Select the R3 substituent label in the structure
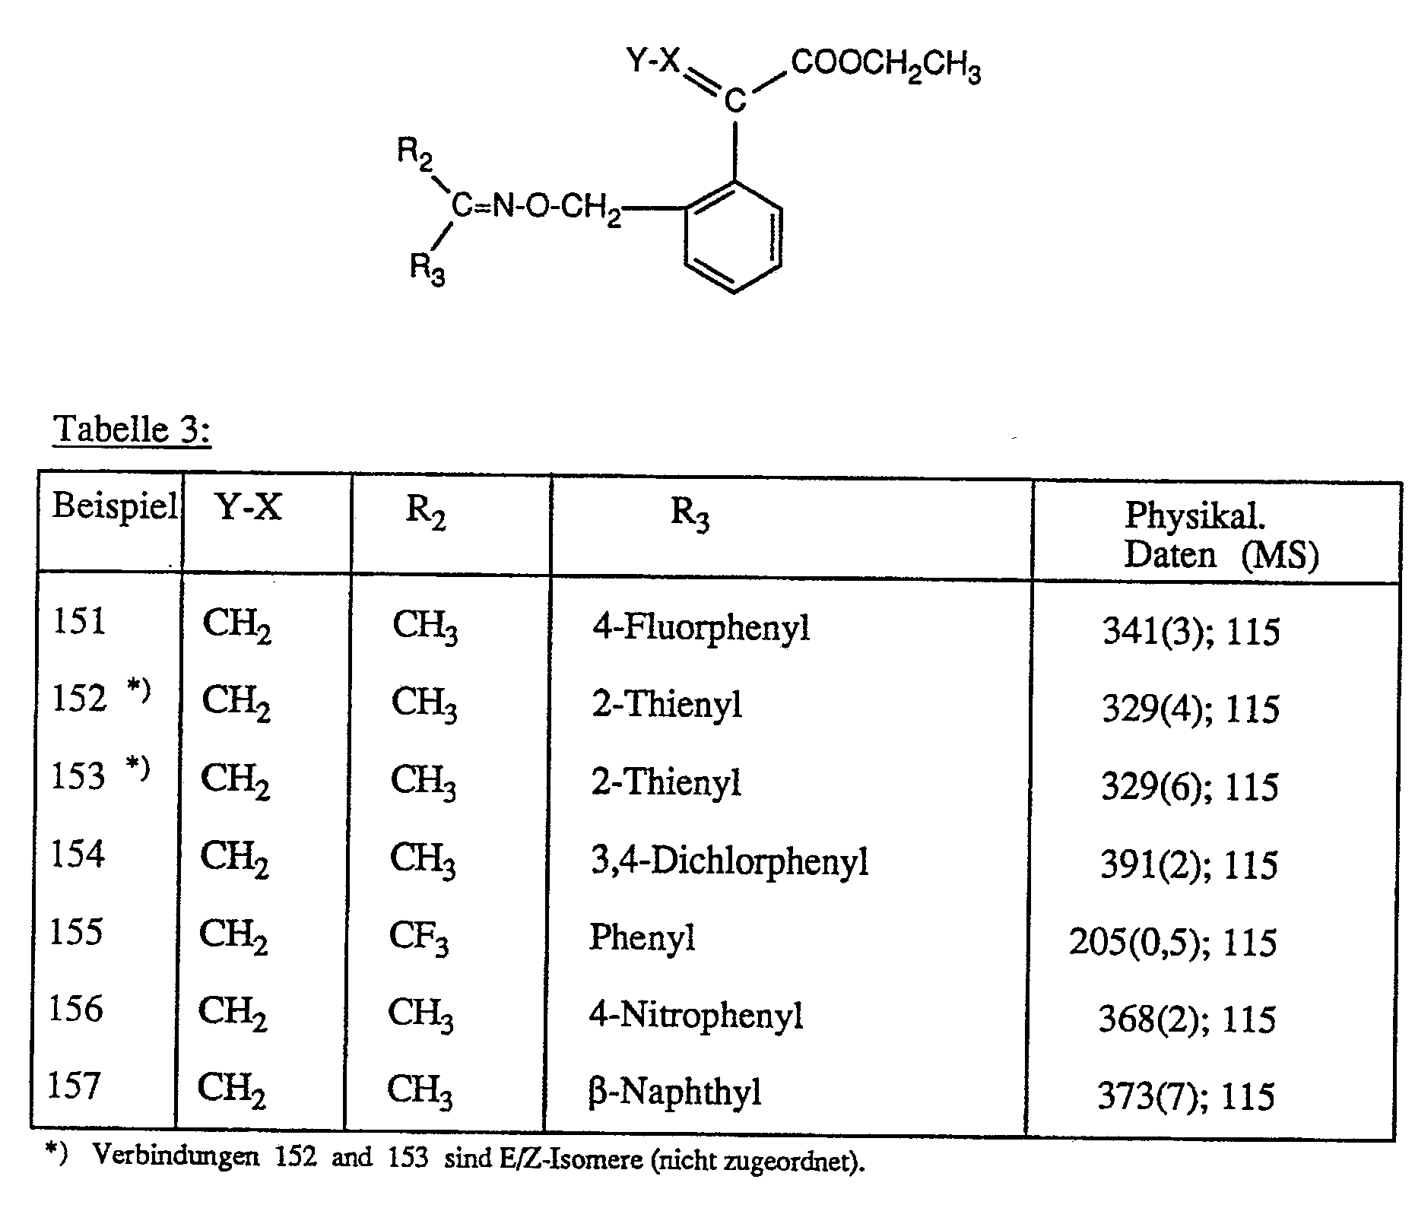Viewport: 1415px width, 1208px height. [427, 269]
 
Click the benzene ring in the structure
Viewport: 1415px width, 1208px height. [734, 236]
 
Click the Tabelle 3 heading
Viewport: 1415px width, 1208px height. [131, 430]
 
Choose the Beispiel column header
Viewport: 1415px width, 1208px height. [114, 506]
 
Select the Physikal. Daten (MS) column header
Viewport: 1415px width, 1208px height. [1220, 535]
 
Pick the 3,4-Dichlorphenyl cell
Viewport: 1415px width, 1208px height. [729, 862]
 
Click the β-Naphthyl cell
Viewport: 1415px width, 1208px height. [674, 1093]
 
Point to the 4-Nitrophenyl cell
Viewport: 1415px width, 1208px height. [696, 1016]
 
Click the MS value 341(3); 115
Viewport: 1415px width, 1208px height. [1191, 632]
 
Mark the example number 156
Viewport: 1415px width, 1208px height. [75, 1010]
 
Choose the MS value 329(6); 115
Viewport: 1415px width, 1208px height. [1189, 787]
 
